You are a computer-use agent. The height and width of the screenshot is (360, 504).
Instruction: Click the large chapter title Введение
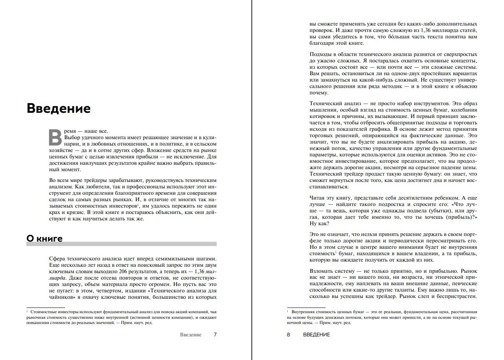[x=58, y=108]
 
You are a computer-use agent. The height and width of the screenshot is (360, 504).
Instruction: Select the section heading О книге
[x=44, y=239]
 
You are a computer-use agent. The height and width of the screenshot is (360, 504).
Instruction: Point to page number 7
[x=215, y=334]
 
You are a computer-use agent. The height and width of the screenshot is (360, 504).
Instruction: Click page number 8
[x=289, y=334]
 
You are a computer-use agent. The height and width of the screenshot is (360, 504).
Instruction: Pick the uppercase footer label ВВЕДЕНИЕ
[x=317, y=334]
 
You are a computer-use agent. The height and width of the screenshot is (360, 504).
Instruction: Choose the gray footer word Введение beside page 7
[x=191, y=334]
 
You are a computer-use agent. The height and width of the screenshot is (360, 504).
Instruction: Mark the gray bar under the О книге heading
[x=122, y=244]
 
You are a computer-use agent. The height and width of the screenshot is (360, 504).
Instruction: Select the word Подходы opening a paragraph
[x=321, y=54]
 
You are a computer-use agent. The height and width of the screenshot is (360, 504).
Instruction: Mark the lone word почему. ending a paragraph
[x=319, y=93]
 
